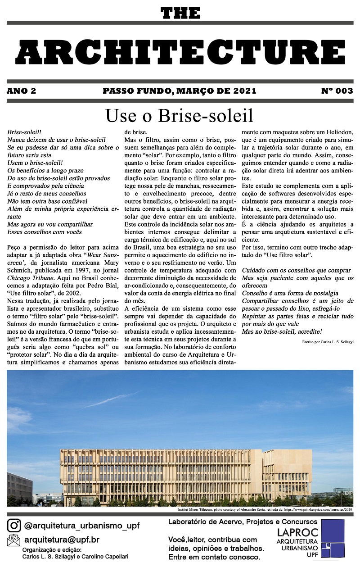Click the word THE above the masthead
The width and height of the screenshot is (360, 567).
[180, 14]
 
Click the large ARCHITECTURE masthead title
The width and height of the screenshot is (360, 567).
[180, 51]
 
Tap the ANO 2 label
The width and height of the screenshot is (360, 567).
[22, 91]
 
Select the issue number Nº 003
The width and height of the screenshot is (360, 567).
[337, 91]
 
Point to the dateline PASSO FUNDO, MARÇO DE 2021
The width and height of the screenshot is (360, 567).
[180, 91]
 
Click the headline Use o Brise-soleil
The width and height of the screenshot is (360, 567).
[180, 116]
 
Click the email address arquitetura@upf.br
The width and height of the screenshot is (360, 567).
[62, 540]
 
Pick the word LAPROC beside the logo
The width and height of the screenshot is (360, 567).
[298, 532]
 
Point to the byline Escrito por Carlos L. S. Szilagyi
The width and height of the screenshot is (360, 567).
[328, 343]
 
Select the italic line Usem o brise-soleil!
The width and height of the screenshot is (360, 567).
[35, 163]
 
